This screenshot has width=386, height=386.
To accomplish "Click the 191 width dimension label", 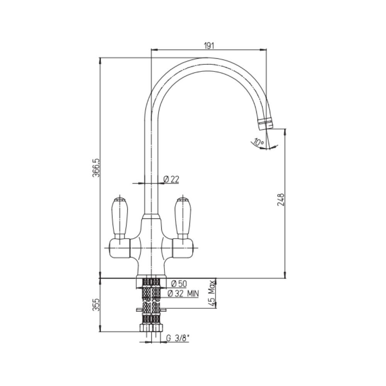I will [x=208, y=46].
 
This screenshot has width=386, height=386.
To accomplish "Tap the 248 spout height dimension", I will [x=281, y=200].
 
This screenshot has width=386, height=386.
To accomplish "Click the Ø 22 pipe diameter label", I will [x=171, y=179].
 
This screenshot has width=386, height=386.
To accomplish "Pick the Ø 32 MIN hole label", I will [x=183, y=294].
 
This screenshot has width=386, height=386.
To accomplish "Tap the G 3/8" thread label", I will [x=178, y=338].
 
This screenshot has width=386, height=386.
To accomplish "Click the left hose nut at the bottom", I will [x=145, y=328].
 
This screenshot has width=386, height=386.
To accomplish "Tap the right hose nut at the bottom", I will [x=156, y=328].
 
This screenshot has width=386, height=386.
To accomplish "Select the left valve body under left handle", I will [x=119, y=247].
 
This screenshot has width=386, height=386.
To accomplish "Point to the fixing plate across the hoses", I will [x=151, y=310].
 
